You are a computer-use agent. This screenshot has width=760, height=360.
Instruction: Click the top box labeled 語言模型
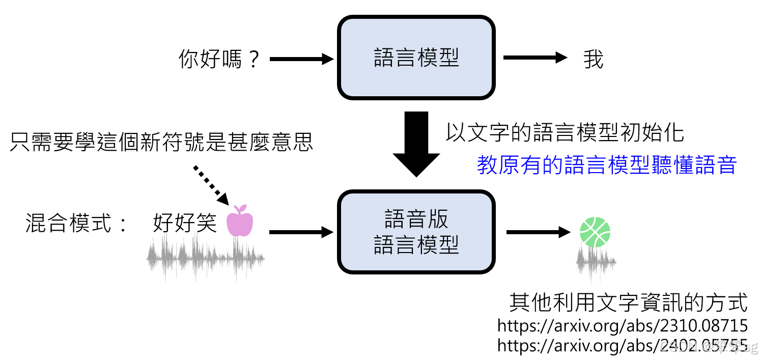coord(416,58)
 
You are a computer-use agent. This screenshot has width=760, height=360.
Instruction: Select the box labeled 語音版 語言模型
coord(416,232)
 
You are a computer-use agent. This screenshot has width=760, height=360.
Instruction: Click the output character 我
coord(594,60)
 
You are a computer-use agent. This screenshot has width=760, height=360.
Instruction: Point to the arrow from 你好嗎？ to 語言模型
coord(301,60)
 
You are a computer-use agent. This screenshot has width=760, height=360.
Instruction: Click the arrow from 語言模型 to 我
coord(534,58)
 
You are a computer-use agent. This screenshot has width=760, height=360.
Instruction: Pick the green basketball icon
coord(595,232)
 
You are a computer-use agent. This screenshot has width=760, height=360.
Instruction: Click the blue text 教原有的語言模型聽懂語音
coord(607,165)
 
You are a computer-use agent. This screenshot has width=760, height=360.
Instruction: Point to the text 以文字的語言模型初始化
coord(565,132)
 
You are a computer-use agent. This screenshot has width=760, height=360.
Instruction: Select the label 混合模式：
coord(77,223)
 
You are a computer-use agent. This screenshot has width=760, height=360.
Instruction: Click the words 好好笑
coord(185,223)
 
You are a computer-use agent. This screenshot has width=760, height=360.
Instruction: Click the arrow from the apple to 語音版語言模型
coord(301,233)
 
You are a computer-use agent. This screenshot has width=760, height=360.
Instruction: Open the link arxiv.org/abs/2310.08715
coord(622,325)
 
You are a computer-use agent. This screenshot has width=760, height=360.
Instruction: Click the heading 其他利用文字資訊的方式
coord(628,302)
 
